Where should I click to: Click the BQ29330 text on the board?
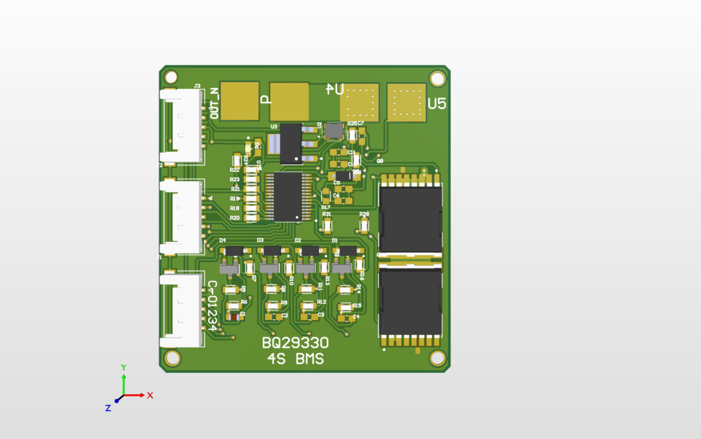[x=295, y=343]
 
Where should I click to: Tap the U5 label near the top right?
[x=437, y=103]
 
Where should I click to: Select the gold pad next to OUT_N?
[x=240, y=101]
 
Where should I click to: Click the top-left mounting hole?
[x=171, y=77]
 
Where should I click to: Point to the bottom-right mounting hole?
[x=437, y=358]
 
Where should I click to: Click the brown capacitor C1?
[x=233, y=316]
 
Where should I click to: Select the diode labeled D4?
[x=234, y=251]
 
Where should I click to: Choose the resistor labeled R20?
[x=252, y=218]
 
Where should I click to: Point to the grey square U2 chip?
[x=334, y=130]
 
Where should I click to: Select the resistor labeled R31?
[x=328, y=226]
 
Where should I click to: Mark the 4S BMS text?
[x=295, y=359]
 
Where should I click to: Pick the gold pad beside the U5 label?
[x=407, y=103]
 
